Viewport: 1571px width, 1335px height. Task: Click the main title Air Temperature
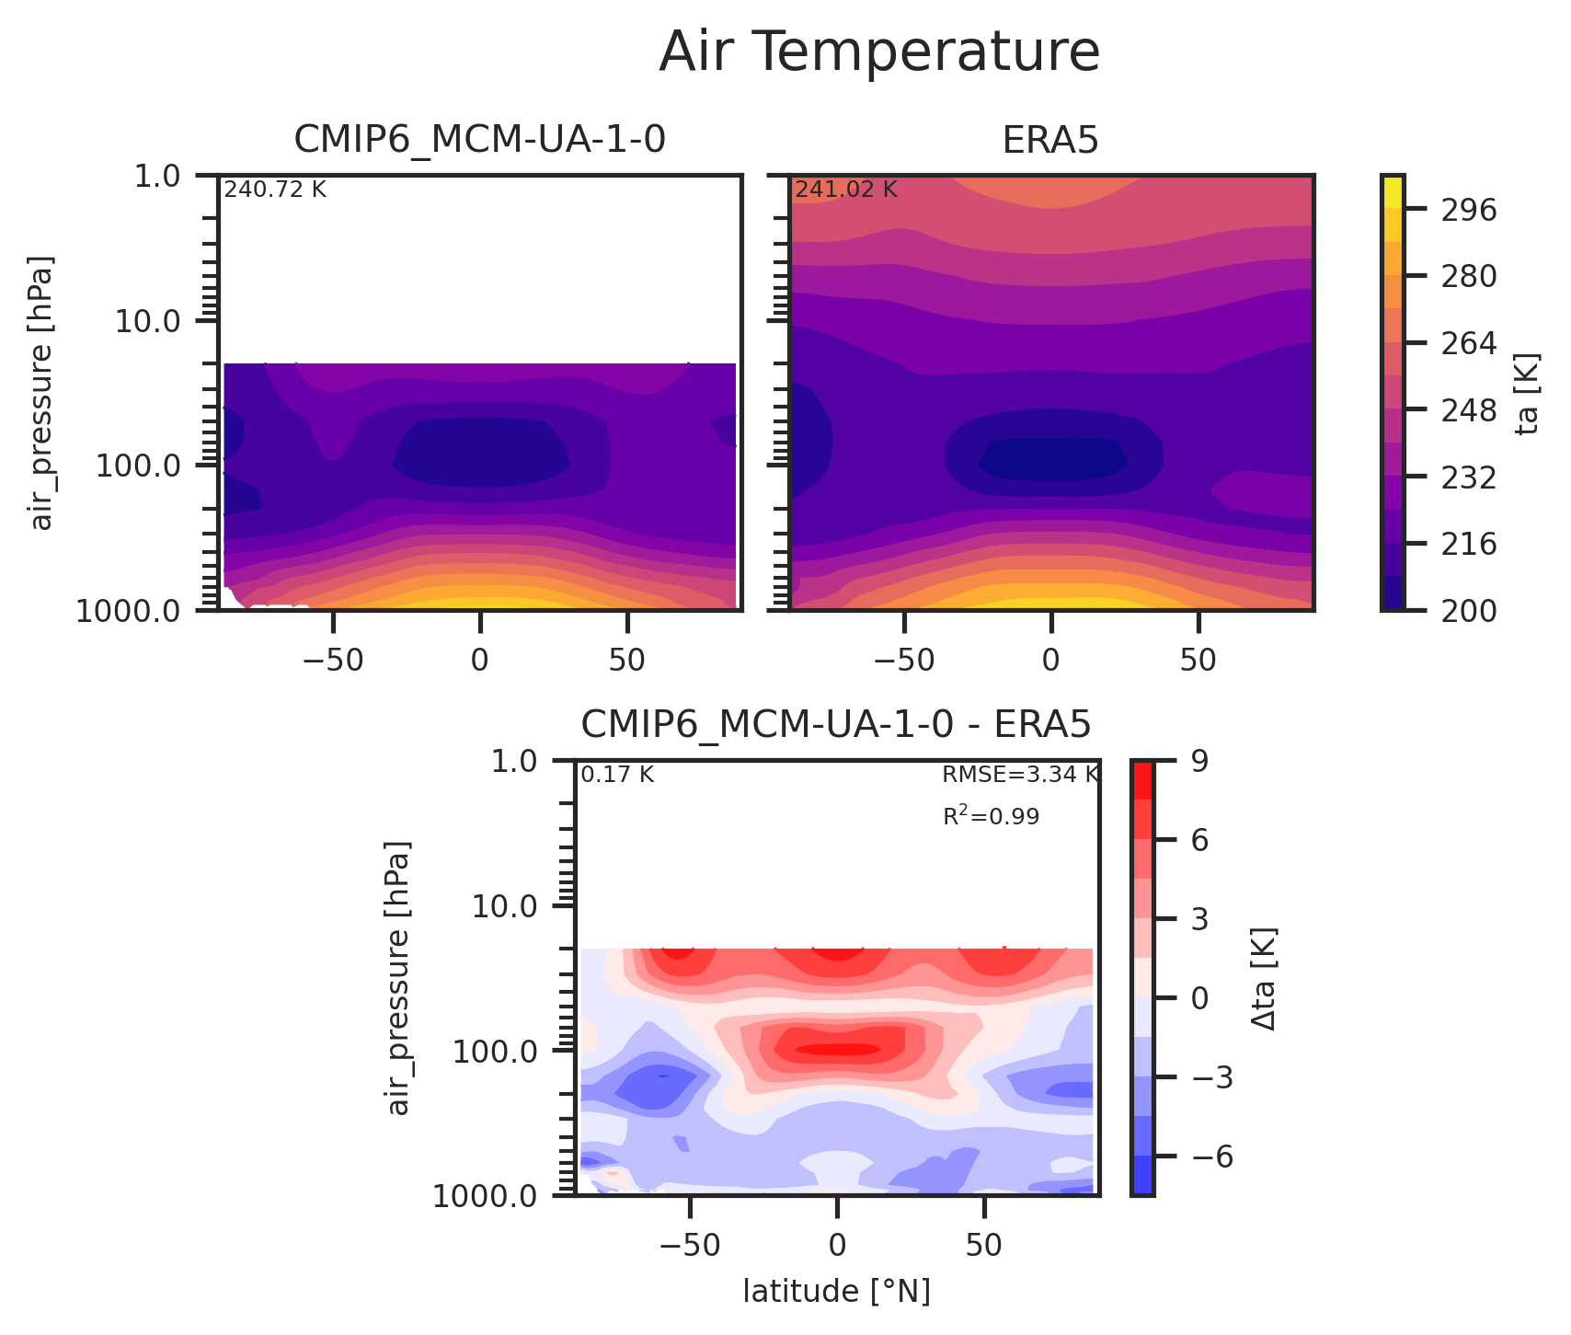point(879,52)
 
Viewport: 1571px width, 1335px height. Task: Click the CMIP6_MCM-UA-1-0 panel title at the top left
point(479,140)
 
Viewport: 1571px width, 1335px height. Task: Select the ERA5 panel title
point(1050,140)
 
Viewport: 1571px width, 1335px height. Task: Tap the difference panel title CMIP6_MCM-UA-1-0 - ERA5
point(835,725)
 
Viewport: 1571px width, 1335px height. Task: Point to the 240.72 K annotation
point(275,190)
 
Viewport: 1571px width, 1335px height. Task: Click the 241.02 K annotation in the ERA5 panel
point(845,190)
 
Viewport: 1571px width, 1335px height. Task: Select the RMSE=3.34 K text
point(1020,775)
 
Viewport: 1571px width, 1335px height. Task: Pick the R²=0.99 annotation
point(991,816)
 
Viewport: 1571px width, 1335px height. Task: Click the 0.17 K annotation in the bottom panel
point(617,775)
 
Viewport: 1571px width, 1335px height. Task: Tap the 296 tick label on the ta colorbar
point(1469,211)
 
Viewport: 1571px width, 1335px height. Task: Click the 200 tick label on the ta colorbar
point(1469,611)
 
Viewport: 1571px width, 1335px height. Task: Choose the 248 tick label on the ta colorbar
point(1469,410)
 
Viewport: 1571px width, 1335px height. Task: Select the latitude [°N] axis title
point(836,1292)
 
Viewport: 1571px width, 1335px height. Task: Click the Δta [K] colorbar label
point(1264,978)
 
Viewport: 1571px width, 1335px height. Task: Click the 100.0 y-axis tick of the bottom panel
point(498,1052)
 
